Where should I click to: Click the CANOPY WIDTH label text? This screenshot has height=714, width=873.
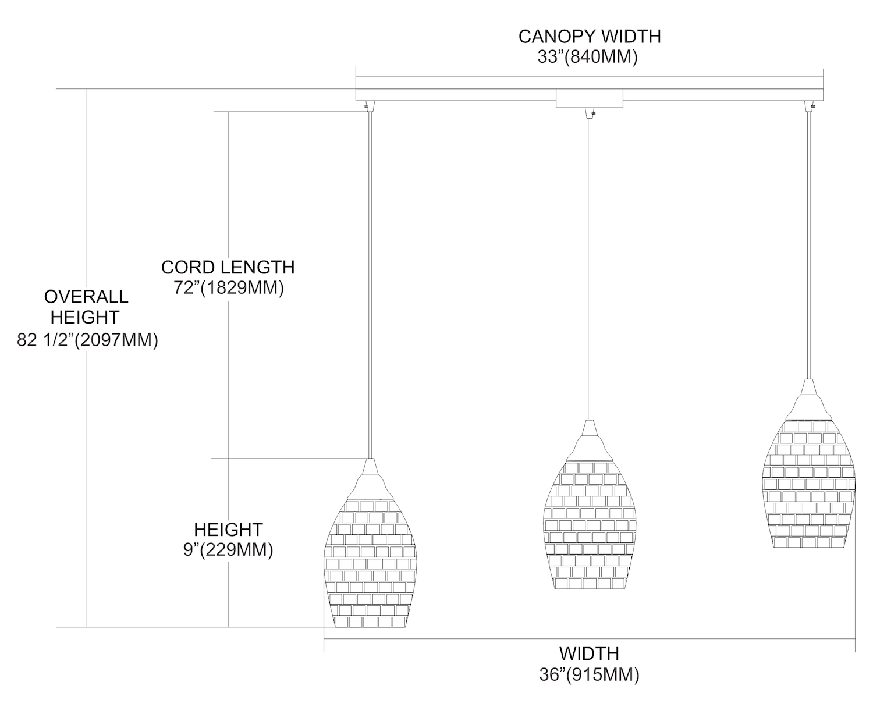(x=589, y=37)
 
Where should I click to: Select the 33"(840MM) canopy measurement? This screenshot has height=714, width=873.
(x=589, y=57)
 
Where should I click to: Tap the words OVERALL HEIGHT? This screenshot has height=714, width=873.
(x=86, y=307)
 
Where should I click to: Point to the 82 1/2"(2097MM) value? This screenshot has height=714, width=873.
(x=87, y=340)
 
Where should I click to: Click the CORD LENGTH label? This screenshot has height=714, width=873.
(x=228, y=267)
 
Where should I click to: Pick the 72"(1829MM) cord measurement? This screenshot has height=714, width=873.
(x=229, y=287)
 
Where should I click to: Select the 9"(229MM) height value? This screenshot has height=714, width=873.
(x=228, y=549)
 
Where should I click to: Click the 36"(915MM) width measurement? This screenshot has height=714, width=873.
(x=589, y=674)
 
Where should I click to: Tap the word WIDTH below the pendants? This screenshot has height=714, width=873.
(x=589, y=653)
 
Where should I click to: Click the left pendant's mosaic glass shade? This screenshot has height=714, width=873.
(x=370, y=564)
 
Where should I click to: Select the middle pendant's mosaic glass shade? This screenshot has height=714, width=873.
(x=590, y=524)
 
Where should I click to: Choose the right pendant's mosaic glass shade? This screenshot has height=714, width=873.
(x=808, y=483)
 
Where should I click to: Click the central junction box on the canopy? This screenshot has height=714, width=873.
(x=589, y=98)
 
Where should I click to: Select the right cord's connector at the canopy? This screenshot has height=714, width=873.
(x=810, y=106)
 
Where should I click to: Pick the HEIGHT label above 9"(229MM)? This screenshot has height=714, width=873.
(x=228, y=530)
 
